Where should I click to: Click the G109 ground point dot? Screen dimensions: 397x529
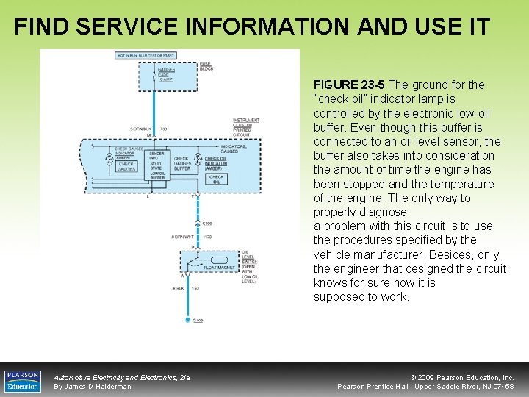click(187, 321)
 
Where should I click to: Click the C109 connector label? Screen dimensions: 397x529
click(208, 223)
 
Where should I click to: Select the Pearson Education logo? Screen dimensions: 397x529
click(23, 380)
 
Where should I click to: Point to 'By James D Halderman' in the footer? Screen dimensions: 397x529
click(93, 386)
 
